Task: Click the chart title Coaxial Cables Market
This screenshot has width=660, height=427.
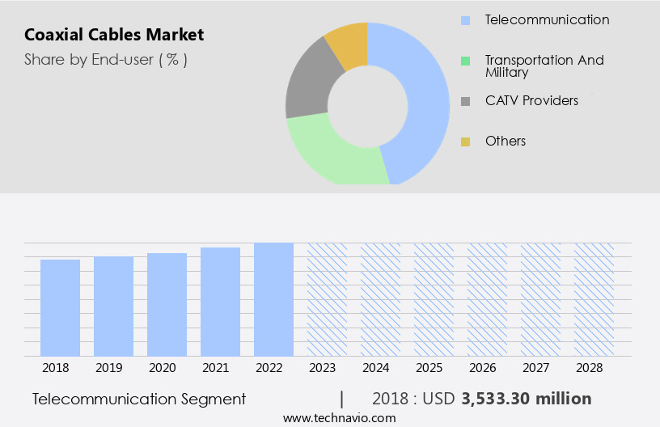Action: pos(114,35)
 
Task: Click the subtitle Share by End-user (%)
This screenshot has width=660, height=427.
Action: pos(106,59)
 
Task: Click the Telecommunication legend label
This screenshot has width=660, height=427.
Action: pos(547,19)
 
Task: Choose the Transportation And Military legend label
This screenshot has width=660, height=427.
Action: pos(544,66)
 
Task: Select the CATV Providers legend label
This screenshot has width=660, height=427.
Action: pos(531,101)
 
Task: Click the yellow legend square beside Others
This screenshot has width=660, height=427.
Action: pos(465,142)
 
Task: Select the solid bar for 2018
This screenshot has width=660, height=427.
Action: pos(60,307)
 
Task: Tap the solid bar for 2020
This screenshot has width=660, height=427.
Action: pos(167,304)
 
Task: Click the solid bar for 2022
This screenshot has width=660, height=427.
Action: pos(273,299)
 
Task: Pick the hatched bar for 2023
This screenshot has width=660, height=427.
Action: pos(327,299)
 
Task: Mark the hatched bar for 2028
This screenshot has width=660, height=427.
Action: pos(594,299)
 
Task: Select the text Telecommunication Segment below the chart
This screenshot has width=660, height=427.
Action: pos(139,399)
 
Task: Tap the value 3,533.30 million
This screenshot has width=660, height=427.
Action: pos(527,399)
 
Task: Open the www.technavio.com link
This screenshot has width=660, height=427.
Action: pos(340,418)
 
